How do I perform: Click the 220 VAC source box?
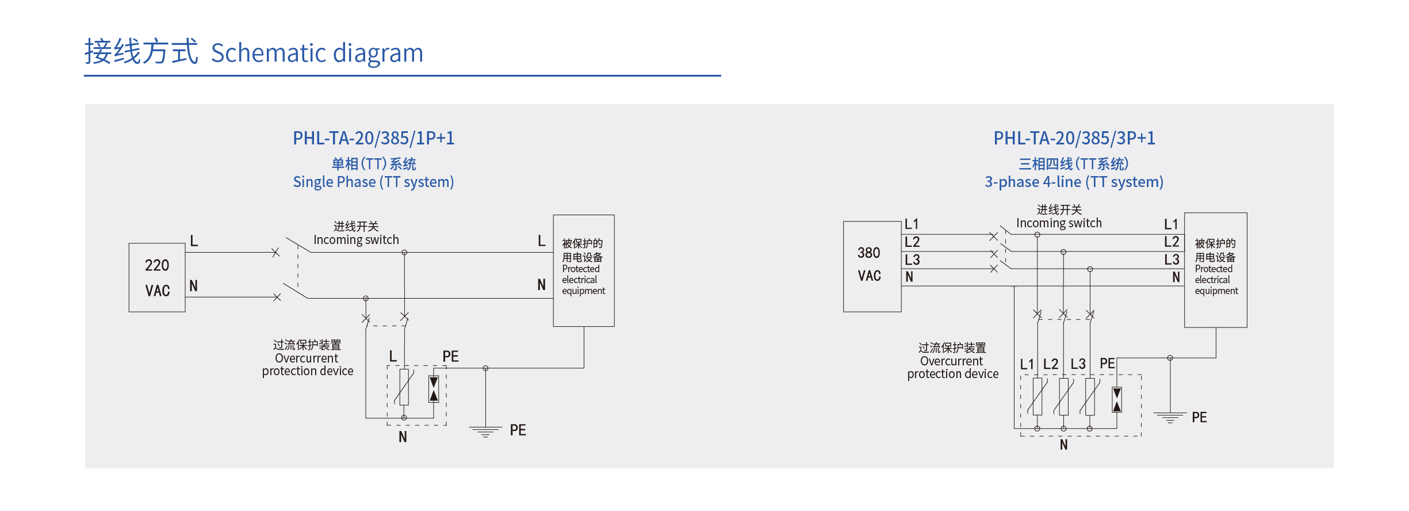pos(157,277)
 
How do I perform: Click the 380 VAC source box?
pos(871,266)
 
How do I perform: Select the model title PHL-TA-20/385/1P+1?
pos(373,138)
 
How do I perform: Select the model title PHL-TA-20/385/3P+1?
pos(1074,138)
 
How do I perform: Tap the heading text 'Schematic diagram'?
pos(317,53)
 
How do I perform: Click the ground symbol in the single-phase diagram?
pos(485,431)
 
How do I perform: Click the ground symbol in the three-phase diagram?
pos(1170,417)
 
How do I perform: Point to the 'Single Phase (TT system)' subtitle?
pos(373,182)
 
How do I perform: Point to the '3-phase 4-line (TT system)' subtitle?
pos(1074,182)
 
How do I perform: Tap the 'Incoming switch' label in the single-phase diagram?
pos(356,239)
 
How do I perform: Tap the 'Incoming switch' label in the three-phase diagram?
pos(1059,223)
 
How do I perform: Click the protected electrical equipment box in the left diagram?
pos(583,270)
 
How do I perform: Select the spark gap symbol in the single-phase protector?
pos(434,389)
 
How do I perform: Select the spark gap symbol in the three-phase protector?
pos(1116,399)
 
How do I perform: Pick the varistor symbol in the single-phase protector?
pos(404,387)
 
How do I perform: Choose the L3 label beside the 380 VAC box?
pos(912,260)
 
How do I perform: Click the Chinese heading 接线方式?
pos(141,52)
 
